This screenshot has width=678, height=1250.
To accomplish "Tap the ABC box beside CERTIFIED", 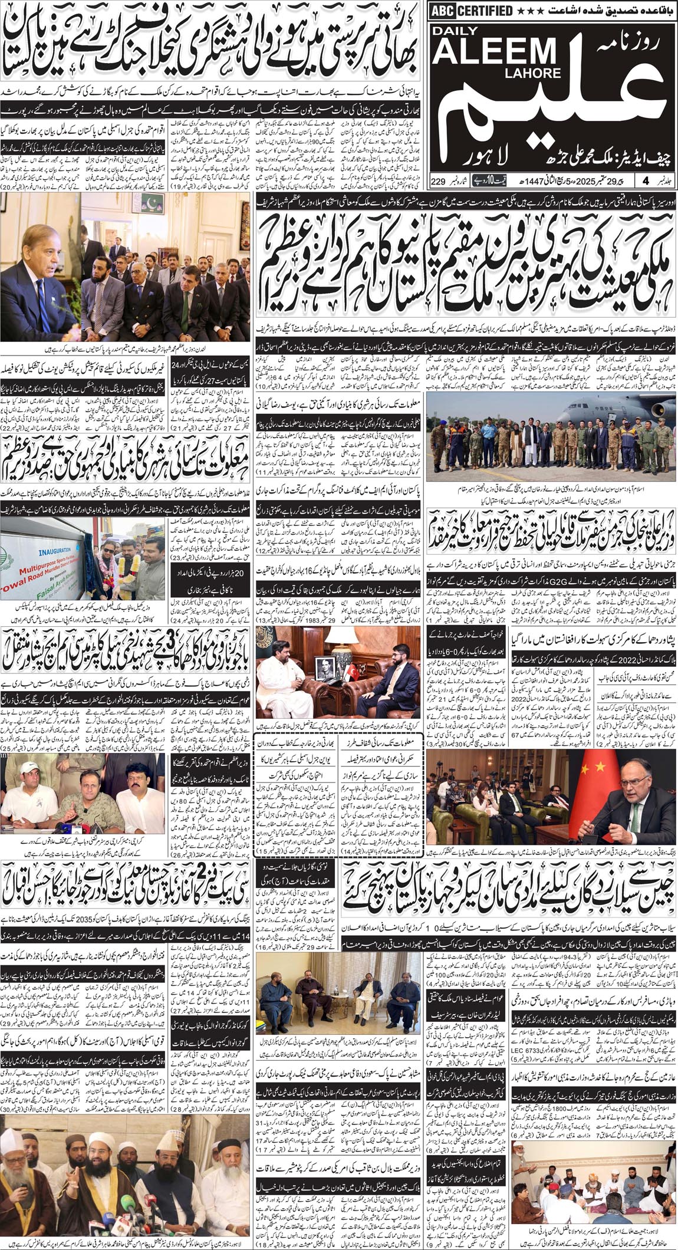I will coord(442,10).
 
